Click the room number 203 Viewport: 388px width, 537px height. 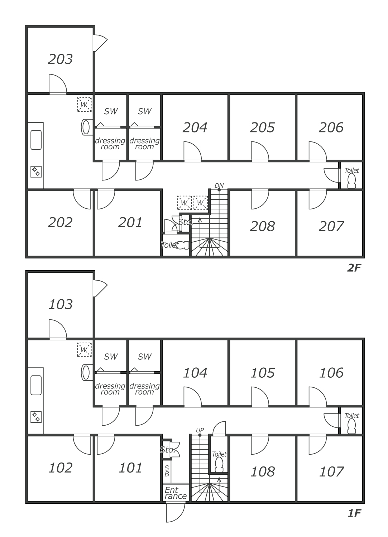pos(60,59)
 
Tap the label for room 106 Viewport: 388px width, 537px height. pos(331,373)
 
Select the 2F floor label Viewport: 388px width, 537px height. pos(353,268)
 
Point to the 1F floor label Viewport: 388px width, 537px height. pos(353,513)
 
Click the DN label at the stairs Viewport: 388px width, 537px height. pos(219,185)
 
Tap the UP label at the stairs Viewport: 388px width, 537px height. pos(200,430)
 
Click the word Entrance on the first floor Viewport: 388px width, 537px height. pos(175,493)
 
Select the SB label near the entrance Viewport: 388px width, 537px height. pos(167,471)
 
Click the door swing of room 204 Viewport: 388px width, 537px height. pos(192,151)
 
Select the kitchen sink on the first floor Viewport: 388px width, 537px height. pos(36,385)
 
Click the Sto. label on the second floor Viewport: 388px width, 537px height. pos(185,222)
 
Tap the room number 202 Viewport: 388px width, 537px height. pos(60,222)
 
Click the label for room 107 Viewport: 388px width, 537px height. pos(331,471)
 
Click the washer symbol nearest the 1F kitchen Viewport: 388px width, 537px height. pos(84,349)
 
